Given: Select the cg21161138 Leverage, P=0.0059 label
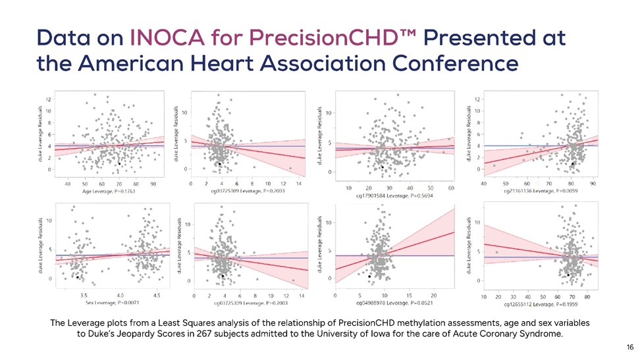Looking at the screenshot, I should tap(541, 191).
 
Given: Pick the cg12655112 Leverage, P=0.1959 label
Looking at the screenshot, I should tap(541, 305).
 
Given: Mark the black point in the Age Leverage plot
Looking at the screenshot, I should tap(119, 163).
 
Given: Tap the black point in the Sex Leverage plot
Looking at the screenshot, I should tap(78, 278).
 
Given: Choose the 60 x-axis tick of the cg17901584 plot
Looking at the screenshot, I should tap(451, 188).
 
